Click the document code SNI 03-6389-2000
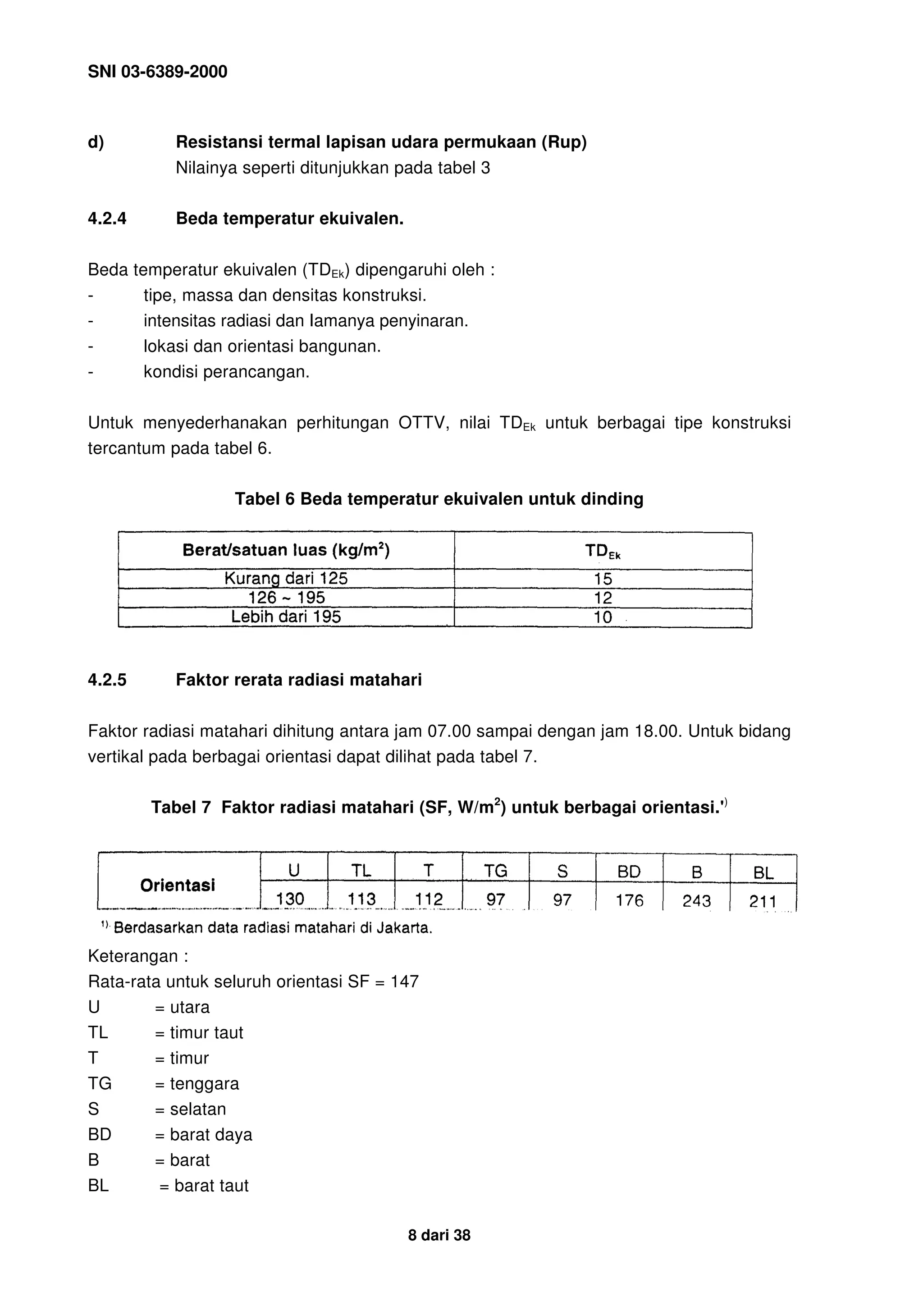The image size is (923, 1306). (x=158, y=72)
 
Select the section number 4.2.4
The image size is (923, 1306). (x=107, y=219)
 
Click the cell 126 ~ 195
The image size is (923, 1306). (x=287, y=598)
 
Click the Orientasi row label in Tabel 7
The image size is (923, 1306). (x=178, y=885)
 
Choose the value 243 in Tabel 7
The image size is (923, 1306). (x=696, y=900)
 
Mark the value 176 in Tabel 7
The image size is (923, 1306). (x=629, y=900)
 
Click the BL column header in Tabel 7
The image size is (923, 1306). (x=763, y=872)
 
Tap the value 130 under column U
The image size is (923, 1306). (x=290, y=900)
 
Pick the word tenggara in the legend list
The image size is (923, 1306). (x=204, y=1083)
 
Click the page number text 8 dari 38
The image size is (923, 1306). (x=439, y=1235)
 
